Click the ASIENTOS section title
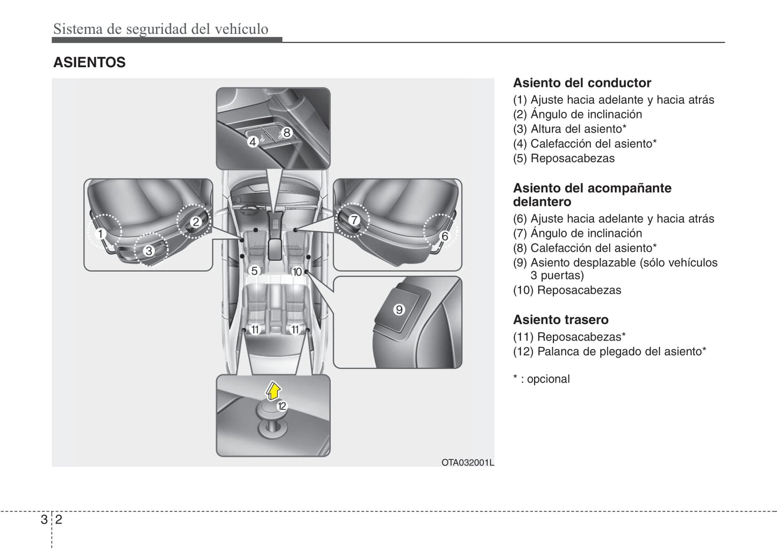[89, 62]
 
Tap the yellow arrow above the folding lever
[274, 390]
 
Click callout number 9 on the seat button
[399, 309]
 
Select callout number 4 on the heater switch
[253, 142]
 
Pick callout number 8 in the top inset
[287, 132]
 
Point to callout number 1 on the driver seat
[100, 234]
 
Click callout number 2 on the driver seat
[195, 222]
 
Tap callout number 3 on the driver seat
[149, 251]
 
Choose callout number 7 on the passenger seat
[354, 219]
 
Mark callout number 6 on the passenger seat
[444, 236]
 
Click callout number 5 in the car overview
[254, 271]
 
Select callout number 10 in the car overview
[297, 272]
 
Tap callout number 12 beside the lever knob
[282, 406]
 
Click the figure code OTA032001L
[467, 462]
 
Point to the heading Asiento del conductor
[582, 83]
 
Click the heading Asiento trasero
[560, 319]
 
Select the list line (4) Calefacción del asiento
[584, 144]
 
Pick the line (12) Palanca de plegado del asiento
[609, 351]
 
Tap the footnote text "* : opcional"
[541, 379]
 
